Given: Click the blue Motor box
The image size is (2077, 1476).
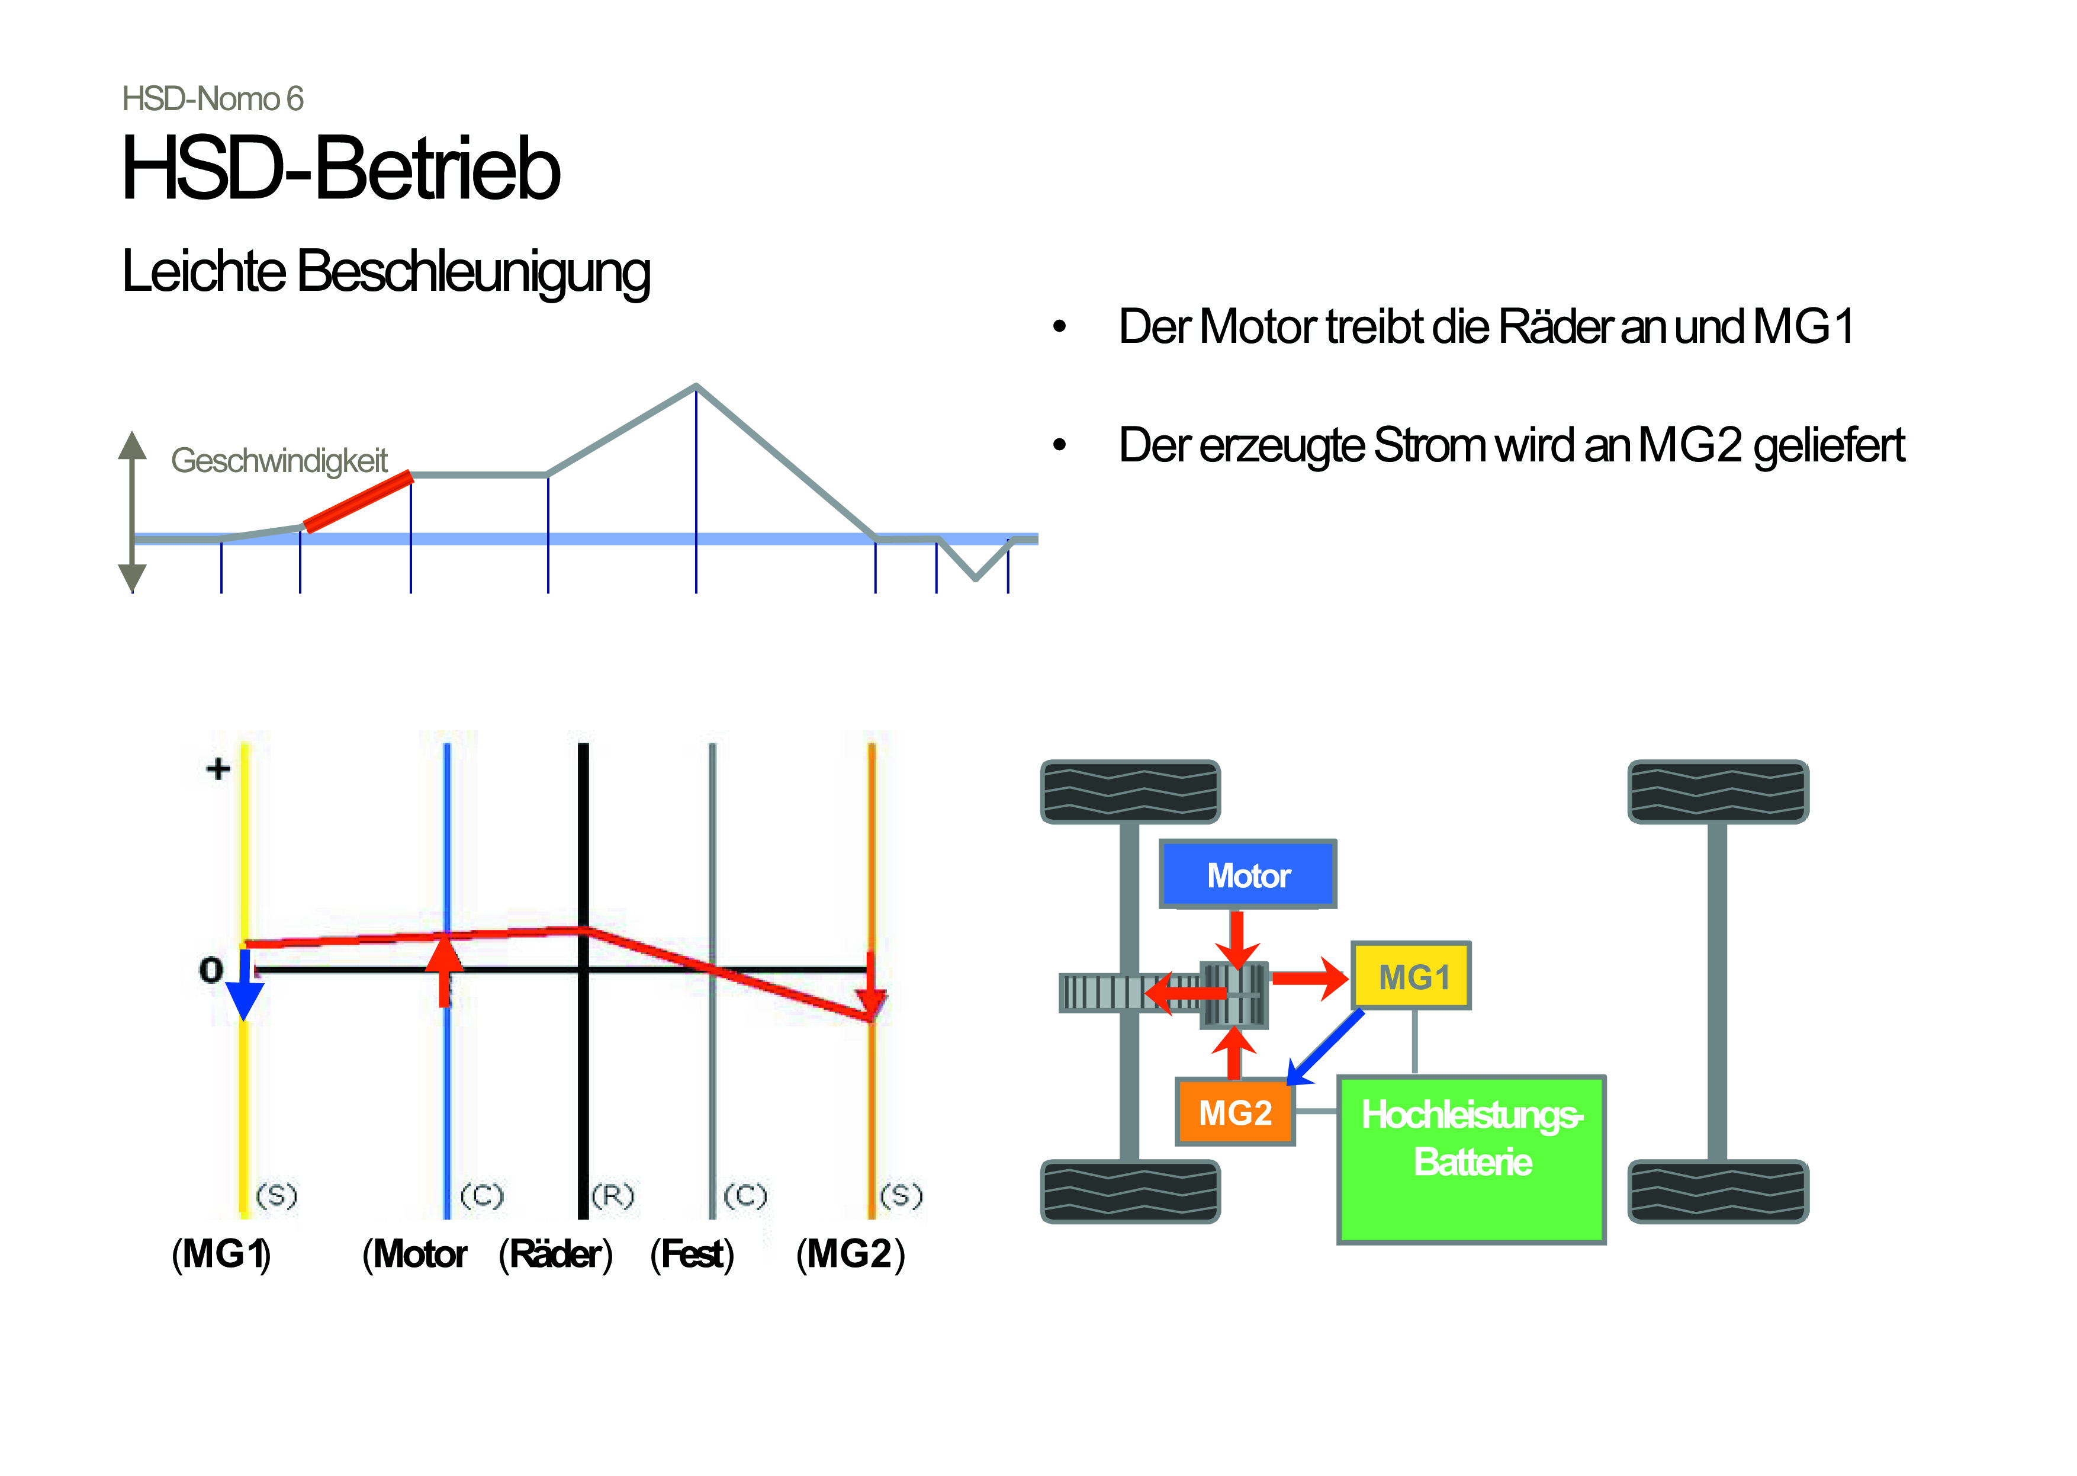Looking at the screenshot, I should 1248,874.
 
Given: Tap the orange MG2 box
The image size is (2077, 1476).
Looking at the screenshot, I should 1234,1112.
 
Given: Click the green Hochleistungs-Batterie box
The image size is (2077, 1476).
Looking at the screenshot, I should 1471,1159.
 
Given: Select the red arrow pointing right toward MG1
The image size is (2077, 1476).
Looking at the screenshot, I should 1309,978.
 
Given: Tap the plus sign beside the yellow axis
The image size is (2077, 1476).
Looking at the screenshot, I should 218,769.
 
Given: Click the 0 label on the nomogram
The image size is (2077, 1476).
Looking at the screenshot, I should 211,970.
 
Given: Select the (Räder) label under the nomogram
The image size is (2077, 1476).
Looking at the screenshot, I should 556,1254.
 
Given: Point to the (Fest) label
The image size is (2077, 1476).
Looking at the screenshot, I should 692,1254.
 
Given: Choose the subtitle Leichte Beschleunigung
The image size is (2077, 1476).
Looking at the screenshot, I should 386,271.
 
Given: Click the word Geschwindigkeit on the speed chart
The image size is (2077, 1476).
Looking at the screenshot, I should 279,461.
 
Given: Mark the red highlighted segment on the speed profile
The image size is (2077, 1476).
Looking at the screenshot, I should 358,501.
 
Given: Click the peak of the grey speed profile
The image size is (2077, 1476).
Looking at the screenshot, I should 696,386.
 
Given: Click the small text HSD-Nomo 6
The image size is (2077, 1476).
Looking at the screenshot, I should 213,99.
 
